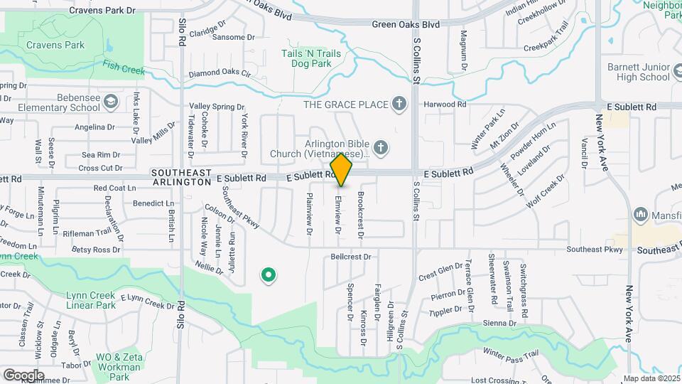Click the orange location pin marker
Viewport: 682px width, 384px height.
(x=341, y=169)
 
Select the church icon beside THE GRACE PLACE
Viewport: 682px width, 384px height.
(x=399, y=105)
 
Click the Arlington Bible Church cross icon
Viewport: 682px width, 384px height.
(x=381, y=148)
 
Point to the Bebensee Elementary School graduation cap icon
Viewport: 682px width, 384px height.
(x=111, y=102)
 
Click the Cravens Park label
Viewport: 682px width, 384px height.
(x=55, y=46)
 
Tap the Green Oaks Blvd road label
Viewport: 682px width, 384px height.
(x=406, y=24)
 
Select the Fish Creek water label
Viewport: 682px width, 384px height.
(x=123, y=67)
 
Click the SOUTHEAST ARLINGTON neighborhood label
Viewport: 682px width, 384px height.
(x=181, y=177)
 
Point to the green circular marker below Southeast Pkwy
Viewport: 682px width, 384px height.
(x=268, y=274)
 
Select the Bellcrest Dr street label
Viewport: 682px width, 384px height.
(x=351, y=256)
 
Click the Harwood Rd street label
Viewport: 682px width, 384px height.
(x=445, y=105)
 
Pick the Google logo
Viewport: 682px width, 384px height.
(x=23, y=375)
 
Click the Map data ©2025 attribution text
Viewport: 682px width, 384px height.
(x=651, y=378)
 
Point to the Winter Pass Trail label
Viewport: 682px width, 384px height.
(x=511, y=353)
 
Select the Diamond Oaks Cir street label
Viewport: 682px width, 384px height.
(x=220, y=73)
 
